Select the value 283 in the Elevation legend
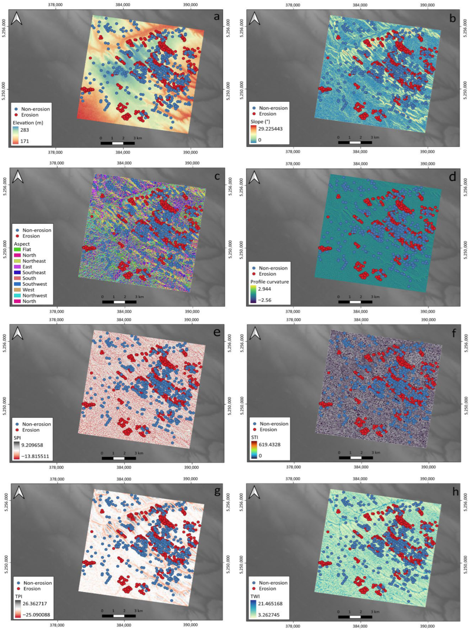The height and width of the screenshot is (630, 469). click(25, 130)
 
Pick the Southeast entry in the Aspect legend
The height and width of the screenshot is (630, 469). click(34, 272)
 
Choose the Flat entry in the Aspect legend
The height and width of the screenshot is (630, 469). click(27, 249)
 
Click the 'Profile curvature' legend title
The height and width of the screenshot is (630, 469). click(269, 282)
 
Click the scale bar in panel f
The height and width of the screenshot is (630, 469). click(356, 458)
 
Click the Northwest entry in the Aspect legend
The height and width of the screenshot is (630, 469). click(35, 295)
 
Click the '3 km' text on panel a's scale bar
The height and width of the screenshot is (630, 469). click(138, 138)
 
